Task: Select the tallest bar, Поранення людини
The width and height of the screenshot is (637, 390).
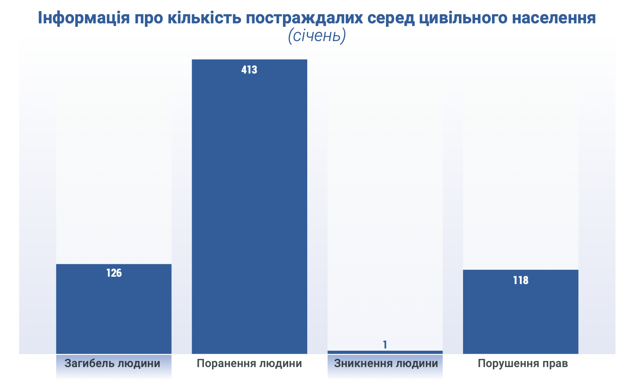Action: (x=249, y=208)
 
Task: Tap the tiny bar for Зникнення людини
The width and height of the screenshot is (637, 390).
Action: (x=385, y=352)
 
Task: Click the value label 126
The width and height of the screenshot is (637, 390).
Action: (x=114, y=273)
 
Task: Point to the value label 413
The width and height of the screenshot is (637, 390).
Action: (x=249, y=70)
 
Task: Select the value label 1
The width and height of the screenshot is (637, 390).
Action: (x=385, y=345)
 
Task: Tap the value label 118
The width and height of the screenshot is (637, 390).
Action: (x=521, y=280)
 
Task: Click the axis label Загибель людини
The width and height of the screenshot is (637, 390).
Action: (x=113, y=363)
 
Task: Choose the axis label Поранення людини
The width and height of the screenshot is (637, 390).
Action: (x=249, y=363)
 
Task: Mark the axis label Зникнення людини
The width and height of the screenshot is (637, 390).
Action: (x=386, y=363)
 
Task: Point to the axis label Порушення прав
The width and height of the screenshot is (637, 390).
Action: (x=523, y=363)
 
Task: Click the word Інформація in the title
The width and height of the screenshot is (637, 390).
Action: (x=83, y=18)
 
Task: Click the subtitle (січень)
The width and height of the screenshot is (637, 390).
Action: (x=317, y=36)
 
